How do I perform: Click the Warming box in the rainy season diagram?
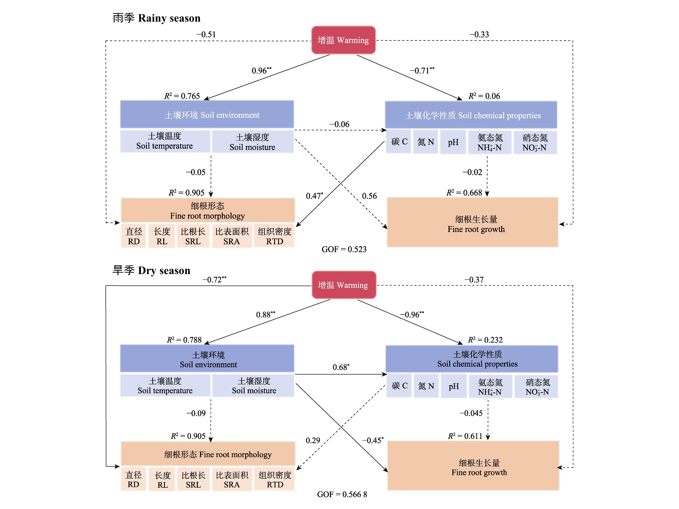click(343, 40)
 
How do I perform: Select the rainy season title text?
click(157, 18)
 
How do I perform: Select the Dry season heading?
click(151, 271)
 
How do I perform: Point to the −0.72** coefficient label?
click(214, 280)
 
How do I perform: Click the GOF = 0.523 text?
click(344, 249)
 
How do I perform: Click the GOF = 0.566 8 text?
click(342, 494)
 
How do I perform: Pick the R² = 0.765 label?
click(182, 96)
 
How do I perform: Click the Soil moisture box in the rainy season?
click(252, 142)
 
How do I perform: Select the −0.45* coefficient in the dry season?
click(373, 440)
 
